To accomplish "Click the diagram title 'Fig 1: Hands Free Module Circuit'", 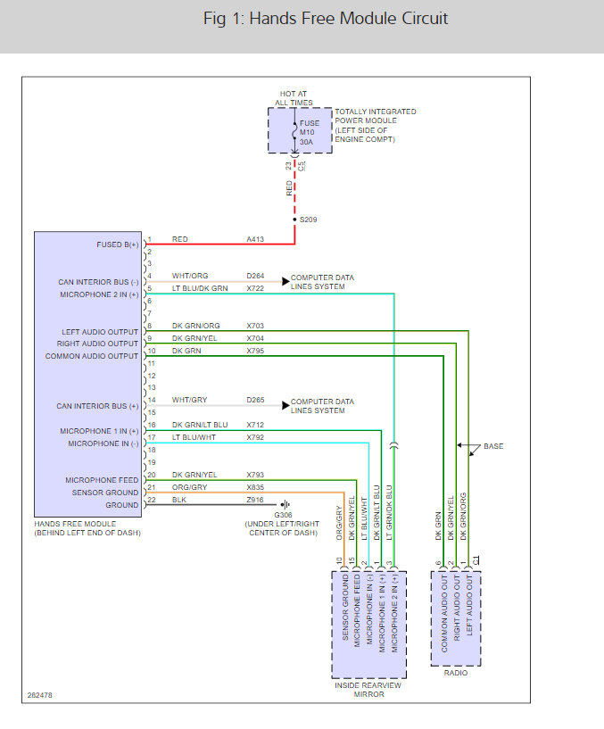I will pos(325,19).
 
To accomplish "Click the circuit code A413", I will pos(256,239).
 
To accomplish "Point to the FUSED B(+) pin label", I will pos(118,244).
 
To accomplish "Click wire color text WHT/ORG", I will pos(189,277).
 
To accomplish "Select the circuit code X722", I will pos(256,288).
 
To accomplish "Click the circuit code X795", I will pos(256,351).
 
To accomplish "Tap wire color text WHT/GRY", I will pos(189,401).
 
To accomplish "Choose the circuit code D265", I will pos(256,401).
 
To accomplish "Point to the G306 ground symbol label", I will pos(283,515).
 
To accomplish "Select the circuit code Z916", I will pos(256,501).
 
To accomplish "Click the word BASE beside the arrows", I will pos(493,446).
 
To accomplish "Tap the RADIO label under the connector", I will pos(456,672).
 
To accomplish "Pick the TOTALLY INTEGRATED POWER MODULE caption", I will pos(375,126).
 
